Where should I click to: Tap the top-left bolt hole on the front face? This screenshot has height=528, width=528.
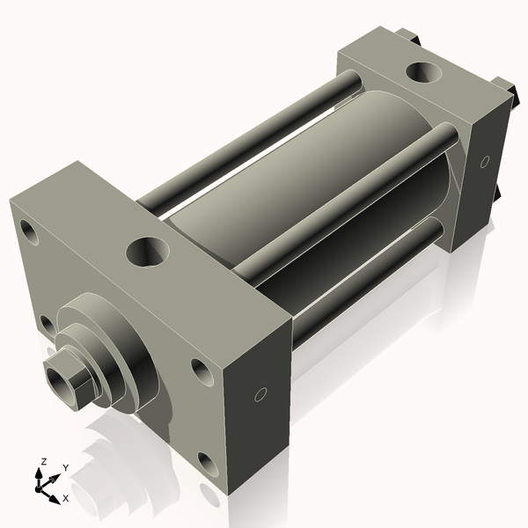pyautogui.click(x=32, y=233)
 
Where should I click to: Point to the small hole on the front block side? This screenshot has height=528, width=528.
pyautogui.click(x=260, y=394)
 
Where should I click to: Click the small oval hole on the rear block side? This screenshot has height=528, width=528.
pyautogui.click(x=484, y=162)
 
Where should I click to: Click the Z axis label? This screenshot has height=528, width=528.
pyautogui.click(x=43, y=461)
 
